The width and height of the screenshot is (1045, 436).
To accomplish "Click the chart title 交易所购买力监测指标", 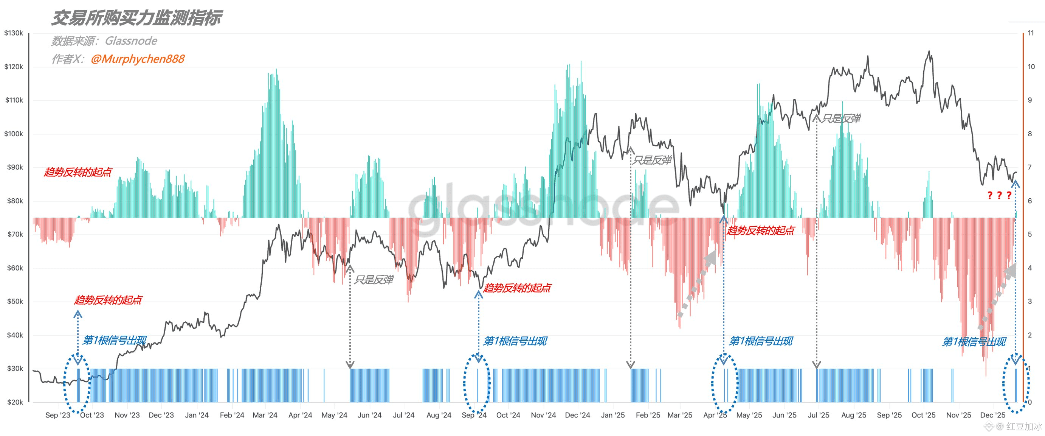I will click(137, 18).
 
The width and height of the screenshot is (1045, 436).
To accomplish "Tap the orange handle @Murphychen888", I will click(138, 59).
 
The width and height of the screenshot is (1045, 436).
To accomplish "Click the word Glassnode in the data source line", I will click(131, 40).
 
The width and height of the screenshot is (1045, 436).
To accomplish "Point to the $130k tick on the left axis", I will click(13, 33).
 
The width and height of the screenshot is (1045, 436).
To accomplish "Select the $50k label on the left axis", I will click(15, 301).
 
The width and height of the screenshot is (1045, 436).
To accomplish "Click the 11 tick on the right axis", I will click(1031, 33).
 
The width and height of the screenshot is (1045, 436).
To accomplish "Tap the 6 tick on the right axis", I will click(1029, 201).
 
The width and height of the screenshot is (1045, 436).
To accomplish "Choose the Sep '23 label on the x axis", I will click(57, 415).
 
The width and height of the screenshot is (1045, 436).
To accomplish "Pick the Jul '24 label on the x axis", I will click(404, 415).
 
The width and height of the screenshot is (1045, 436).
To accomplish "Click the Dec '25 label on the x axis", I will click(993, 415).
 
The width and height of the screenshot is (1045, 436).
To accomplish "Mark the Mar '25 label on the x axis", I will click(680, 415).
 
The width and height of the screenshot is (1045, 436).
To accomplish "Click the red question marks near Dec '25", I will click(999, 196).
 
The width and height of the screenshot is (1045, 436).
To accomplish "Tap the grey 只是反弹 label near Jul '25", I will click(840, 118).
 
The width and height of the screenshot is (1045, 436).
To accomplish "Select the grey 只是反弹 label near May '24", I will click(373, 280).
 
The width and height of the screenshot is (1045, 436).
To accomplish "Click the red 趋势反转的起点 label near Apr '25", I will click(760, 230).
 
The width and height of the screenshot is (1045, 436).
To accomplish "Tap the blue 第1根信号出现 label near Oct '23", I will click(115, 340).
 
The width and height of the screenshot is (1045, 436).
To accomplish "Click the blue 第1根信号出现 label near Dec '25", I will click(974, 342).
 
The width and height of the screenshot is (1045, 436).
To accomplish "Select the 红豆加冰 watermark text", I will click(1023, 426).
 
